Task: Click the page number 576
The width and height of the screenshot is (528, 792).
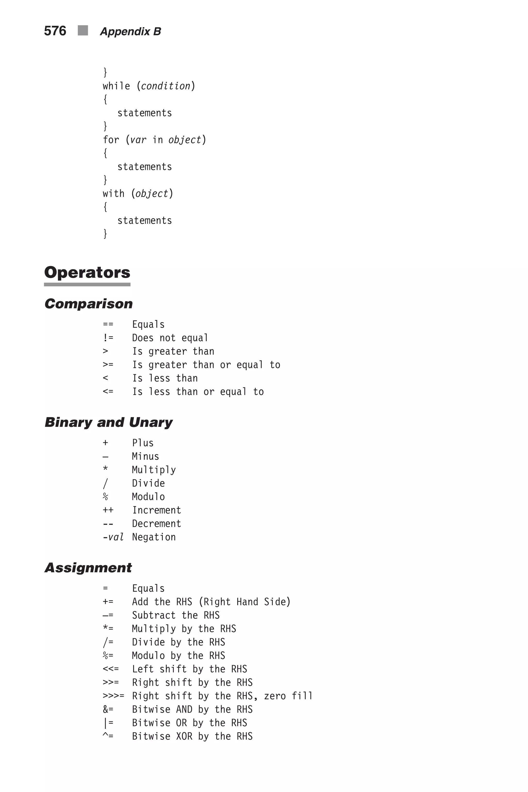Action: [55, 31]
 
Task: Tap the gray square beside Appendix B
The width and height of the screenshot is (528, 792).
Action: [83, 30]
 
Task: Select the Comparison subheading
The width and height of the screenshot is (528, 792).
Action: [89, 304]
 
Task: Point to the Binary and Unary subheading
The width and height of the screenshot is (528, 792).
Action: [109, 422]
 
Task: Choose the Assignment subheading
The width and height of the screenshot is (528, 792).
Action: [88, 568]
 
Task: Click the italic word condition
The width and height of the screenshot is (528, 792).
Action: [166, 86]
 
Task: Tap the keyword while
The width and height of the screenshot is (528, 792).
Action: [116, 86]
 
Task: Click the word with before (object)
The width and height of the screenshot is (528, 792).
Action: [113, 194]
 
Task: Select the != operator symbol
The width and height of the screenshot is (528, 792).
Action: [108, 338]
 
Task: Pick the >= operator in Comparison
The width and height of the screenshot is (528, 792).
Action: [108, 365]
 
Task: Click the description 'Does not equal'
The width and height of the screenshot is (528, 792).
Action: [170, 338]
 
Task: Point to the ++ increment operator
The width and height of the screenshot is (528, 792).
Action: [108, 510]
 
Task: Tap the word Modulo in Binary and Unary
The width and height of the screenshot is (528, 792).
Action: [148, 497]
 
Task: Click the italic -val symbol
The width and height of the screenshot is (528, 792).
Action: [113, 537]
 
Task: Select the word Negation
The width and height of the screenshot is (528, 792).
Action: [154, 537]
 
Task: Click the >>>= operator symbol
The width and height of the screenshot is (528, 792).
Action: [113, 696]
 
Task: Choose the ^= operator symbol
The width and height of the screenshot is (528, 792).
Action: [108, 736]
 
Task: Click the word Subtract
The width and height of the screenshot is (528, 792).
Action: [154, 615]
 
